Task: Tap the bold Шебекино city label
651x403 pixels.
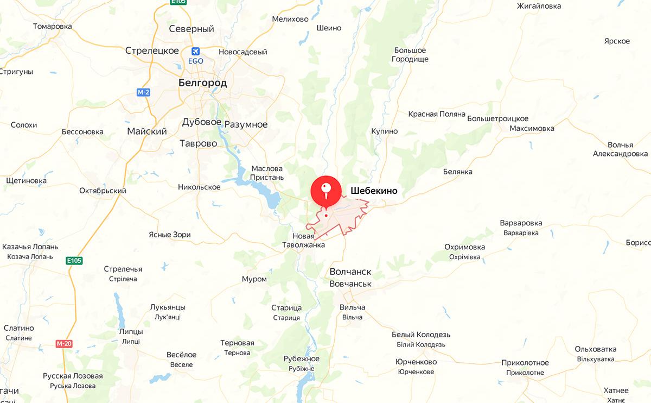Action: (374, 191)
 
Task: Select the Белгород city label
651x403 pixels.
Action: (202, 83)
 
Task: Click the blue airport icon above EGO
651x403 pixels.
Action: (195, 51)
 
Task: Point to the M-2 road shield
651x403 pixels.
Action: (143, 92)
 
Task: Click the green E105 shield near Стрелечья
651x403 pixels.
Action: (74, 261)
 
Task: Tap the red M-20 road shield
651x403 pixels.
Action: (63, 344)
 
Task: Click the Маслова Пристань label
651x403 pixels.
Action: (267, 173)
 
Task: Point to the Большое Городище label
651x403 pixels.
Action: (411, 54)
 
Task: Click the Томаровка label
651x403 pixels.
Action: (52, 26)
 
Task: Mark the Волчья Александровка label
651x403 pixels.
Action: (620, 149)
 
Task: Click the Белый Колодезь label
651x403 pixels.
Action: (420, 335)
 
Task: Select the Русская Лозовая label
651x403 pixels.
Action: (73, 376)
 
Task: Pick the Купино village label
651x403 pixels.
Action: (384, 131)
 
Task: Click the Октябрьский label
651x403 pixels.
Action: (103, 191)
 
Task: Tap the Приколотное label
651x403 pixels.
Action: (525, 363)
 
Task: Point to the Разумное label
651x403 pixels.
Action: (246, 124)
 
